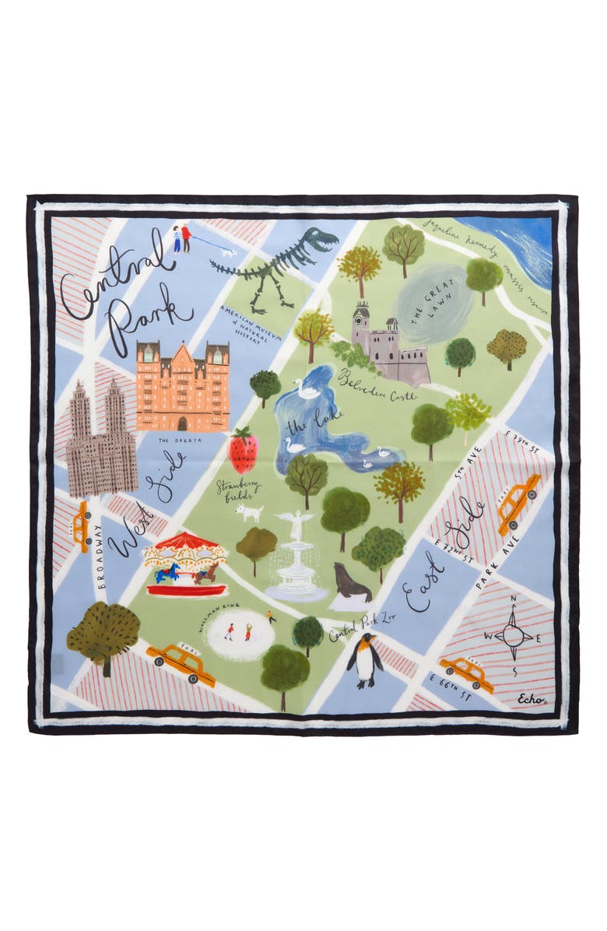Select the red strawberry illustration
pos(242,452)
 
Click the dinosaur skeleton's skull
pos(320,237)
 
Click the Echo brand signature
pos(532,701)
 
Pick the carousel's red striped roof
pos(184,542)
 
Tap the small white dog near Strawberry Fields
pos(250,512)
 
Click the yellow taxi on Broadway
pos(81,525)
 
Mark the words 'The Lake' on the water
pos(303,426)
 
